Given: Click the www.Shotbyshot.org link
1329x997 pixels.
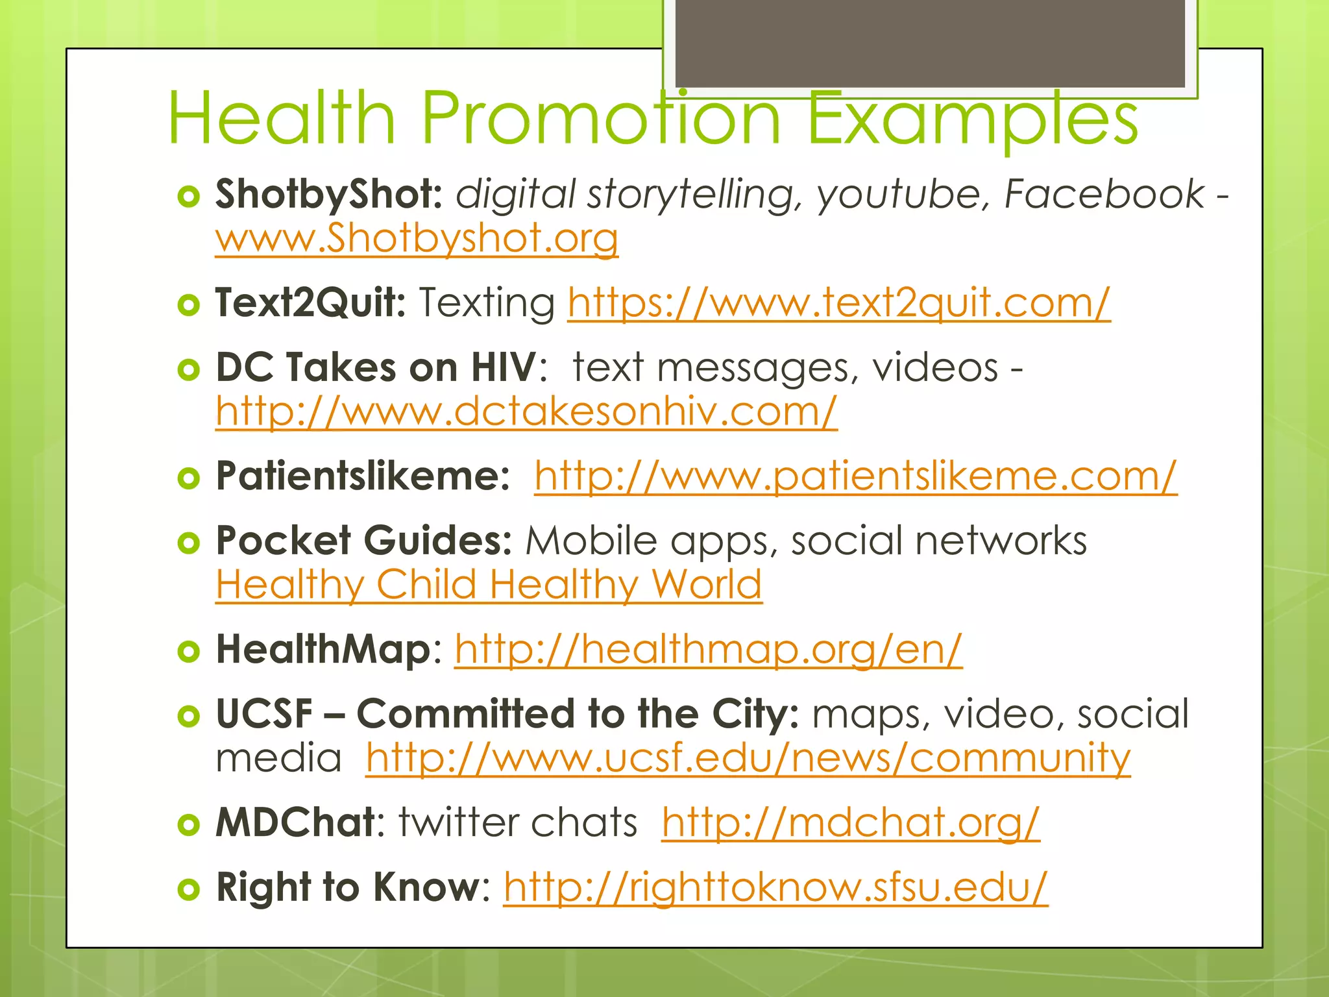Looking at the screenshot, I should (x=417, y=238).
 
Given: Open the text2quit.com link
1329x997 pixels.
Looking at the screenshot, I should (x=838, y=302).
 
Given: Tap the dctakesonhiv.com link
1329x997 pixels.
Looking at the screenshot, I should (x=526, y=412).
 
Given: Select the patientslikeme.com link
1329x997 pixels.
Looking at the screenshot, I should (x=855, y=476).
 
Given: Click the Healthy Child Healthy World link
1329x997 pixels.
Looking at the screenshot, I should (x=489, y=584).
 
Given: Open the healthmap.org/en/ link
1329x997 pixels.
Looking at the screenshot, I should (x=708, y=649).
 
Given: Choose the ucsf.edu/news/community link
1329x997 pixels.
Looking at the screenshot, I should (x=748, y=757).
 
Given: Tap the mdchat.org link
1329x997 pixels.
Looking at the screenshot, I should (x=850, y=822).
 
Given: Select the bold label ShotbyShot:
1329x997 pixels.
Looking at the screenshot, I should (x=328, y=194).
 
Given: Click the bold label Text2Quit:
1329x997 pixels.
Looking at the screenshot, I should (x=310, y=302).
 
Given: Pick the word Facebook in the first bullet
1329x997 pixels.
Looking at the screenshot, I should (x=1104, y=194).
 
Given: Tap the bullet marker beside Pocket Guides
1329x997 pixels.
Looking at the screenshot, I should (x=188, y=543).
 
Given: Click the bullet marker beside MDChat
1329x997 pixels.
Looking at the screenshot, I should (x=188, y=824).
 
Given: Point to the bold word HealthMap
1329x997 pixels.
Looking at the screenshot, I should (x=323, y=649).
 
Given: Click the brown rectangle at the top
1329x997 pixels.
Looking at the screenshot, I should (x=930, y=43).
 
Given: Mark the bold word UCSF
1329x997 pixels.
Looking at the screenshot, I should (x=264, y=714).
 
